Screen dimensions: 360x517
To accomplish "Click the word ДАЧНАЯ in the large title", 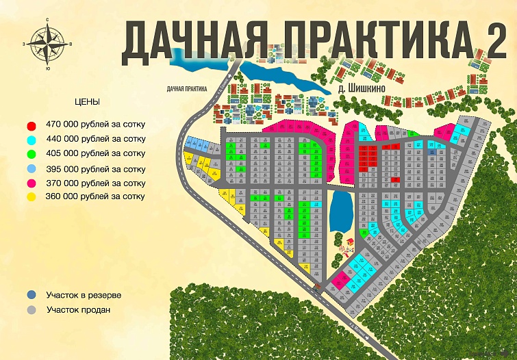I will click(193, 40).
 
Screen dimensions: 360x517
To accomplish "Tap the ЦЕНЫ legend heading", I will click(87, 101).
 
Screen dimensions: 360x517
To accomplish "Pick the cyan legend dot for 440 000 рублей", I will click(31, 140).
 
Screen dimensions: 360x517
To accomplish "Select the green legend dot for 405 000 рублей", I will click(31, 155).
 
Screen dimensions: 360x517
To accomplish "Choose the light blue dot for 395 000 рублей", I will click(31, 169).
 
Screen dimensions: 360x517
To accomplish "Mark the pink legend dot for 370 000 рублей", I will click(31, 183).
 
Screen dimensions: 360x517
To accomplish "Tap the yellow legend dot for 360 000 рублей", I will click(31, 197).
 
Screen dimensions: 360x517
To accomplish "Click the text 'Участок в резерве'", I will click(84, 295).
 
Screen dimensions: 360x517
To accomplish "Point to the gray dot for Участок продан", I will click(31, 309).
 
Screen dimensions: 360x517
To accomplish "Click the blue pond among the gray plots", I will click(341, 211).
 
